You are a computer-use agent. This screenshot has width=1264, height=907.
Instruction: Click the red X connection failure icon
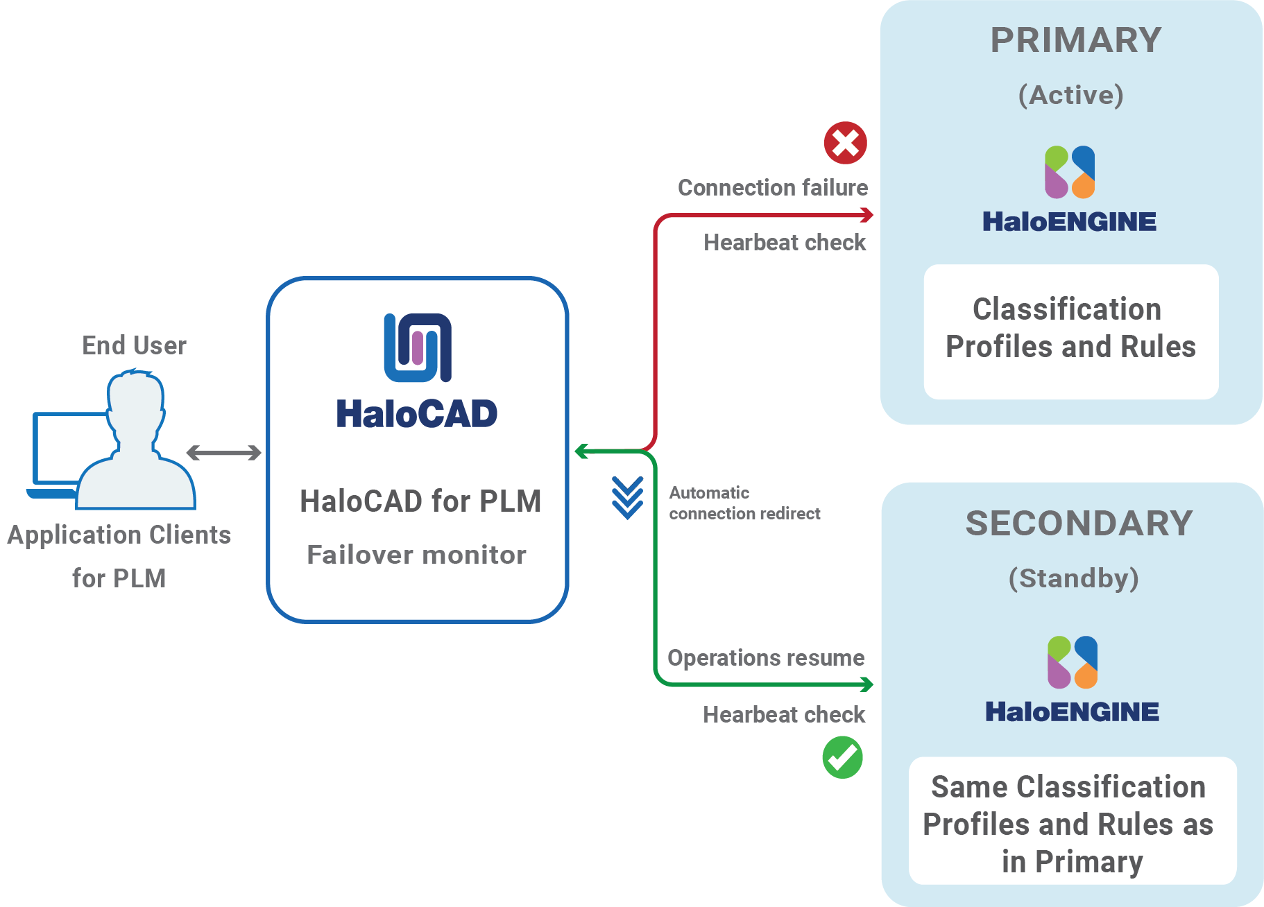click(x=845, y=143)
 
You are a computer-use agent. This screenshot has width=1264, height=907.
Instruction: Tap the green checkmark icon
click(x=842, y=757)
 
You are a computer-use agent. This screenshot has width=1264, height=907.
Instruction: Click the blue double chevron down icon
click(x=627, y=498)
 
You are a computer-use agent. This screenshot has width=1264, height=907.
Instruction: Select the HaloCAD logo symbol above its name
click(x=418, y=347)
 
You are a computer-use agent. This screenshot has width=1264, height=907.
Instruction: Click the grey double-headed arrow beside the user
click(x=224, y=453)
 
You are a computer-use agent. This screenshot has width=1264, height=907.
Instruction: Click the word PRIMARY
click(x=1075, y=40)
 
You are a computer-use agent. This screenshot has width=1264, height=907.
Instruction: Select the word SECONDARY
click(x=1079, y=524)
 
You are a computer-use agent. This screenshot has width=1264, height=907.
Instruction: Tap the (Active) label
click(x=1070, y=95)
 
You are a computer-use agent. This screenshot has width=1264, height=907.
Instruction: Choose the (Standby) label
click(x=1073, y=578)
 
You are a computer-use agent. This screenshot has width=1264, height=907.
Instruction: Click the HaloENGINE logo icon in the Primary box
click(x=1070, y=172)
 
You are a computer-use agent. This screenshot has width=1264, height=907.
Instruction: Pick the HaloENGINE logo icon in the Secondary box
click(x=1073, y=662)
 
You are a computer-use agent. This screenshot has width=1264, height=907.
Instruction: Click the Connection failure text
click(x=772, y=188)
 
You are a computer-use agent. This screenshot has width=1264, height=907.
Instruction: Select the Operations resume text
click(x=766, y=657)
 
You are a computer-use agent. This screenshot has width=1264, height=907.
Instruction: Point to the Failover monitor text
click(x=416, y=555)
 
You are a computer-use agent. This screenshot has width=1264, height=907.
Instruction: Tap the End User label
click(x=134, y=345)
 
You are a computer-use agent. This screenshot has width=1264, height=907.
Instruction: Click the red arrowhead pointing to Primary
click(x=867, y=216)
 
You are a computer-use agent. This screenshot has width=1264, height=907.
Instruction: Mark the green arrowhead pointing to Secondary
click(x=867, y=685)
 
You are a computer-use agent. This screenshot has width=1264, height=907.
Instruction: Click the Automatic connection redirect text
click(x=744, y=503)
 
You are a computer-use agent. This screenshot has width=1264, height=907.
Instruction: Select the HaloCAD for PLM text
click(x=420, y=501)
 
